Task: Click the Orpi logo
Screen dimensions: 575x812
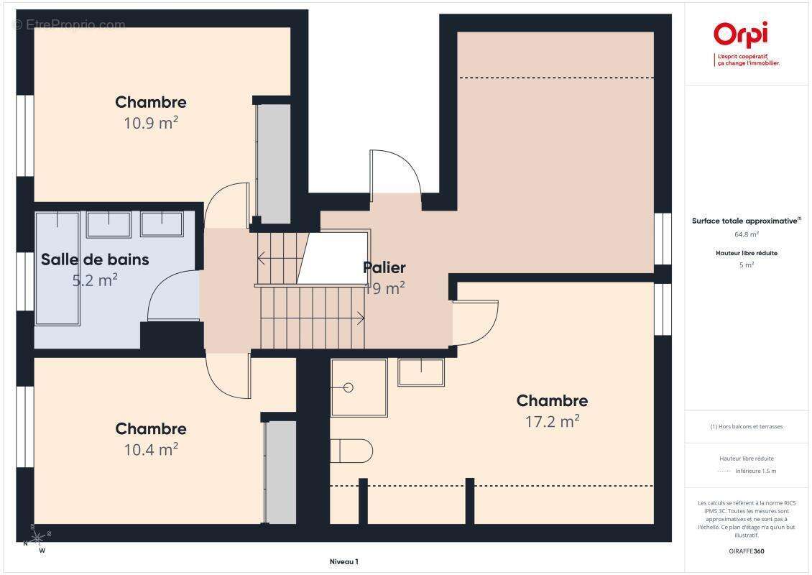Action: (x=740, y=36)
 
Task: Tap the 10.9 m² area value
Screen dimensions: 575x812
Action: (x=151, y=123)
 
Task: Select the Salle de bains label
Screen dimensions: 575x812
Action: (x=95, y=259)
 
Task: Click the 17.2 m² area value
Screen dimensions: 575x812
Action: (x=552, y=421)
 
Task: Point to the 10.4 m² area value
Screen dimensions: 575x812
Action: (x=151, y=449)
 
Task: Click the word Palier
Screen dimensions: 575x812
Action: (x=384, y=267)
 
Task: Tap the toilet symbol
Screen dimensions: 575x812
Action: (x=352, y=451)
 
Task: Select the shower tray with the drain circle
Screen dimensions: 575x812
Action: (x=359, y=387)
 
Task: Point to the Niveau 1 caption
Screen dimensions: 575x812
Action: (x=343, y=561)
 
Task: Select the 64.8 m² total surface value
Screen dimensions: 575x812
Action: (x=747, y=234)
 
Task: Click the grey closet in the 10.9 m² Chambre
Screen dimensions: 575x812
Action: (x=274, y=163)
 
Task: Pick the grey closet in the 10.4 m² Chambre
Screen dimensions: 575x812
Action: (x=280, y=471)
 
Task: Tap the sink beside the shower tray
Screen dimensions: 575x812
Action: (x=421, y=371)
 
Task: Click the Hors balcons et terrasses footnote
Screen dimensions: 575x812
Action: (x=747, y=426)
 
